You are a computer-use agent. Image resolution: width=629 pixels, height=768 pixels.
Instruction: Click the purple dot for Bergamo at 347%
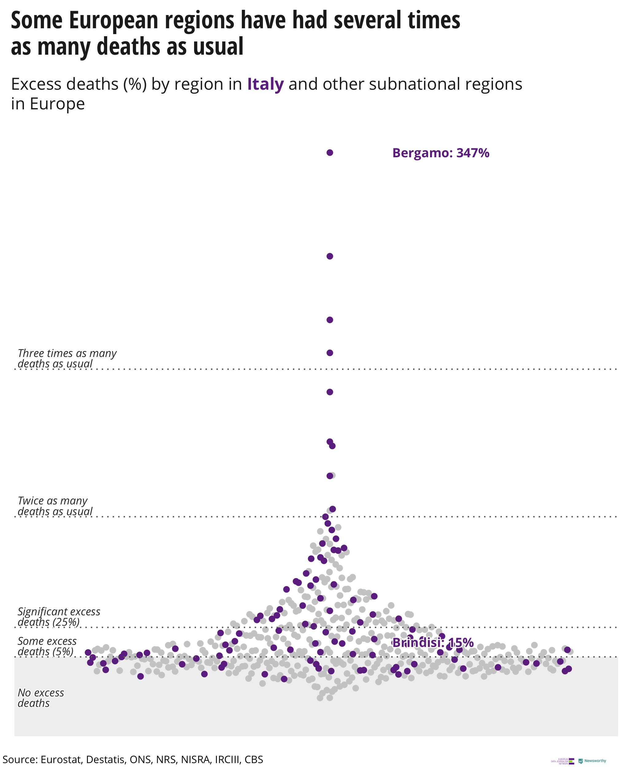pyautogui.click(x=329, y=153)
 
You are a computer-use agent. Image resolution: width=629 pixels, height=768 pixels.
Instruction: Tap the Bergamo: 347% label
pyautogui.click(x=441, y=153)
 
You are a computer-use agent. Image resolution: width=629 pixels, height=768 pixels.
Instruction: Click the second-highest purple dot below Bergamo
pyautogui.click(x=329, y=256)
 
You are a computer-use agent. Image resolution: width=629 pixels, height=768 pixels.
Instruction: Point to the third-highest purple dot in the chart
pyautogui.click(x=329, y=320)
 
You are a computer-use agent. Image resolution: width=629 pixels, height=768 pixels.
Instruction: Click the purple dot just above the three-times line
pyautogui.click(x=329, y=353)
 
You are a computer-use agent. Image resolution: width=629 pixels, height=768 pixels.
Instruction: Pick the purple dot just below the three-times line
pyautogui.click(x=329, y=392)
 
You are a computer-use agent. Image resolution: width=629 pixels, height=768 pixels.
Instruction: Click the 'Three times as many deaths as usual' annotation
pyautogui.click(x=67, y=358)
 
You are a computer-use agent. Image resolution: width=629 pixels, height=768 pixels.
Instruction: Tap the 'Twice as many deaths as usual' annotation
pyautogui.click(x=55, y=506)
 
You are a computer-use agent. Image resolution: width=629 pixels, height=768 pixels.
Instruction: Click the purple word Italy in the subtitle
pyautogui.click(x=265, y=84)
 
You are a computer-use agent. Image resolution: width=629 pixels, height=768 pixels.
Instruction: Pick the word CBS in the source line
pyautogui.click(x=254, y=759)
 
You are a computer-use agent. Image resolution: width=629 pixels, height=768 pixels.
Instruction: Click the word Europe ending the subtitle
pyautogui.click(x=57, y=104)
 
